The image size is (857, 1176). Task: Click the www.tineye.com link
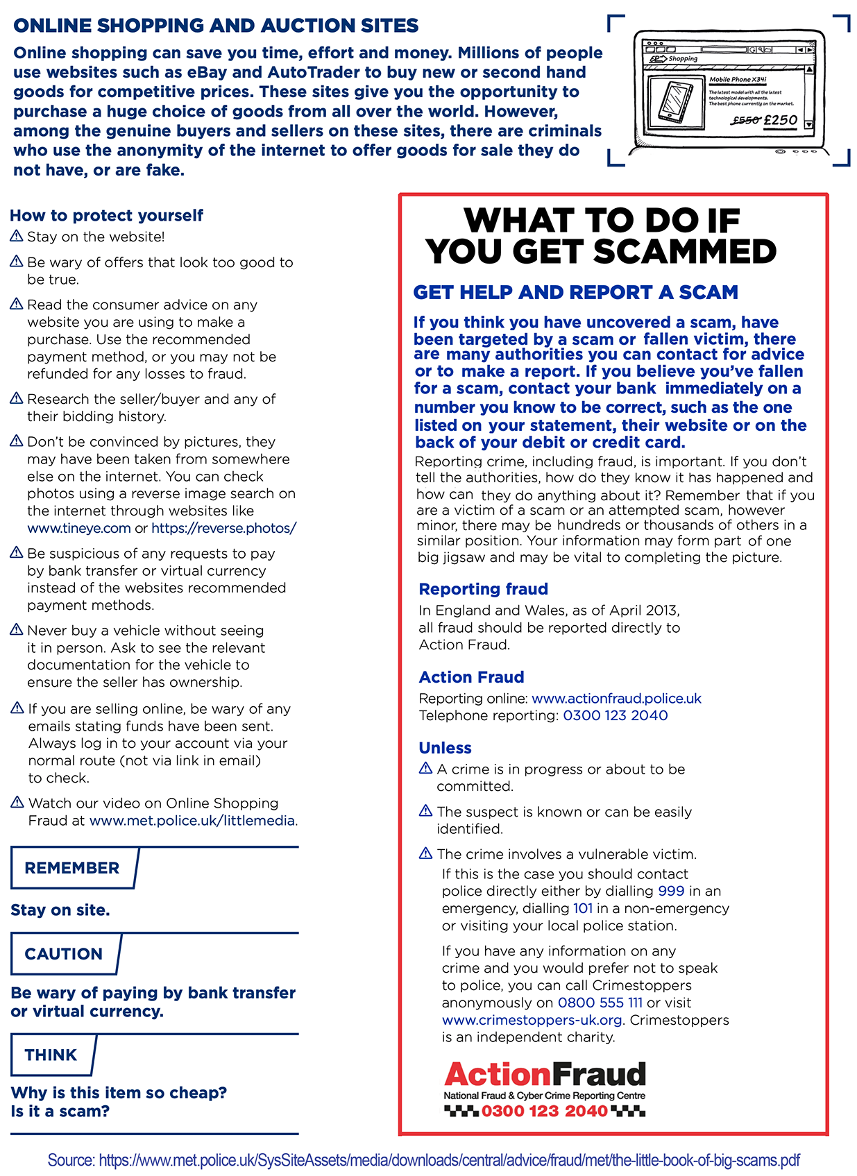(x=79, y=528)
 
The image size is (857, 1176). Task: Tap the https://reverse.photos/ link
(x=223, y=528)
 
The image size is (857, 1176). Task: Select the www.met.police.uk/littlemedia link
(x=192, y=821)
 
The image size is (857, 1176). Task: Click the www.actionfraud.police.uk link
(x=616, y=698)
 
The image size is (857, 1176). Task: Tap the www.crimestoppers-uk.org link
(x=532, y=1020)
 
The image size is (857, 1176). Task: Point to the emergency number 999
(x=671, y=891)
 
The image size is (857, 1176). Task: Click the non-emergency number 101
(x=583, y=908)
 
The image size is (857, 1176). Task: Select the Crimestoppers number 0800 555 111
(x=600, y=1003)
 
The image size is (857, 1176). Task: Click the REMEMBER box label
(x=72, y=868)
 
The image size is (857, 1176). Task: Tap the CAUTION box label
(x=64, y=954)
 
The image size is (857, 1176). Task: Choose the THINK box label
(x=51, y=1055)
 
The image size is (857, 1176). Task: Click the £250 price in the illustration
(x=781, y=120)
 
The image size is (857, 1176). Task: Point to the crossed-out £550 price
(x=745, y=121)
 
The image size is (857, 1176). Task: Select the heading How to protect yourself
(x=107, y=216)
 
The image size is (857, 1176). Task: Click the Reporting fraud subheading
(x=483, y=589)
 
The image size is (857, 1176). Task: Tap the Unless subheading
(x=445, y=748)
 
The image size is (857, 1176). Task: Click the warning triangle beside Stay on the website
(x=17, y=237)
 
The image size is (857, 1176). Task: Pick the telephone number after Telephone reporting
(x=615, y=715)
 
